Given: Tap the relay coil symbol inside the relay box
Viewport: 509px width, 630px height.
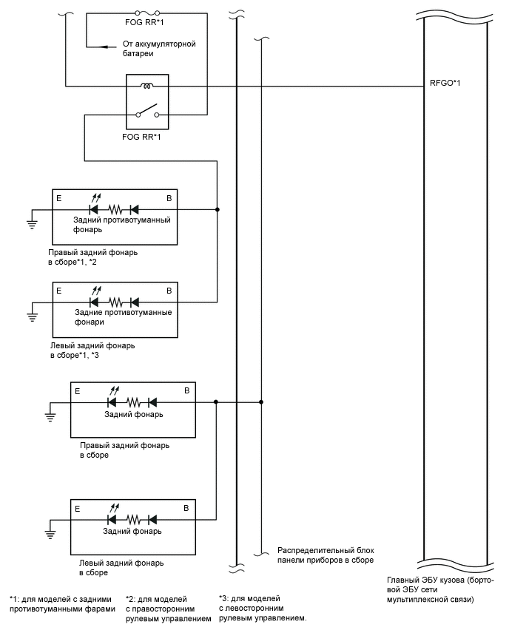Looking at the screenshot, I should click(x=145, y=87).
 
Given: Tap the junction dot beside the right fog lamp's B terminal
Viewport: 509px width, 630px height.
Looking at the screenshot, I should click(x=217, y=209).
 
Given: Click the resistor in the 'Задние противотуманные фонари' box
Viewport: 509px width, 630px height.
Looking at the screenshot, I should click(x=115, y=302).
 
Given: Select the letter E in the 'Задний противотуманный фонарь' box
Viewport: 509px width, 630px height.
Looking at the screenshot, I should click(x=58, y=198).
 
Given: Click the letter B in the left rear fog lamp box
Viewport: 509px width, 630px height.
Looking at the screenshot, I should click(x=169, y=291).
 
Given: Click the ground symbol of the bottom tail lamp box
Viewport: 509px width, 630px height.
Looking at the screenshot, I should click(x=50, y=535).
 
